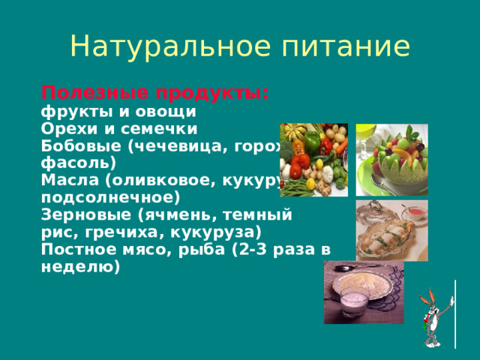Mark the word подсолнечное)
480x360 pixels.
point(110,197)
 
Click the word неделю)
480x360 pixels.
point(80,265)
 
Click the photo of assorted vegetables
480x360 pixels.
point(313,160)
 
